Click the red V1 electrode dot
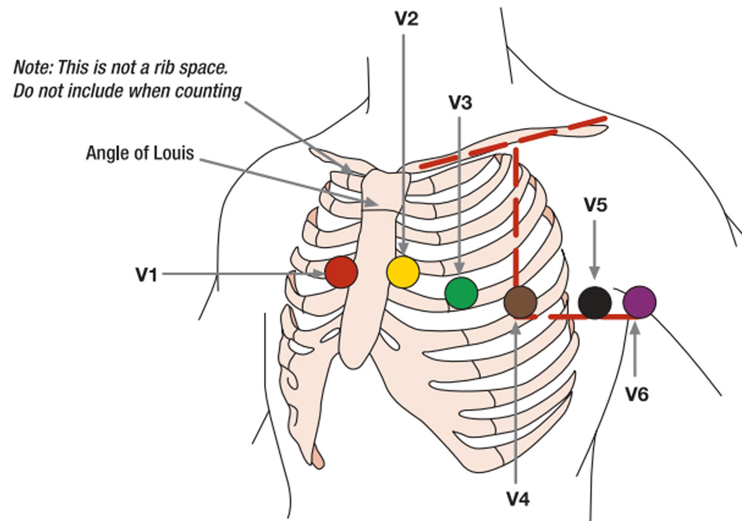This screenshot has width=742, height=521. coord(341,273)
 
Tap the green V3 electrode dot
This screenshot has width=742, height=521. coord(461,293)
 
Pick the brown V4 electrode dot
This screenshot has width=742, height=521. coord(520,302)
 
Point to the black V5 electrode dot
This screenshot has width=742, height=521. coord(595,302)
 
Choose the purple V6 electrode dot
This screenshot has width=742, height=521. coord(639,302)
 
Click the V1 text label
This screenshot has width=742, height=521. coord(147,274)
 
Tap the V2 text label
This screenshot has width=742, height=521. coord(406,19)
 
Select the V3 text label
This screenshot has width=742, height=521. coord(461,103)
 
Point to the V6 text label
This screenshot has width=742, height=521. coord(636,394)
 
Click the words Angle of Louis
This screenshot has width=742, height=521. coord(139,153)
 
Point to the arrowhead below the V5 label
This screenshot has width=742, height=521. coord(594,273)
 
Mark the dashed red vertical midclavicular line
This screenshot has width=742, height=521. coord(515,229)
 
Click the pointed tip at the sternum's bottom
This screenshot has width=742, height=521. coord(317,461)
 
